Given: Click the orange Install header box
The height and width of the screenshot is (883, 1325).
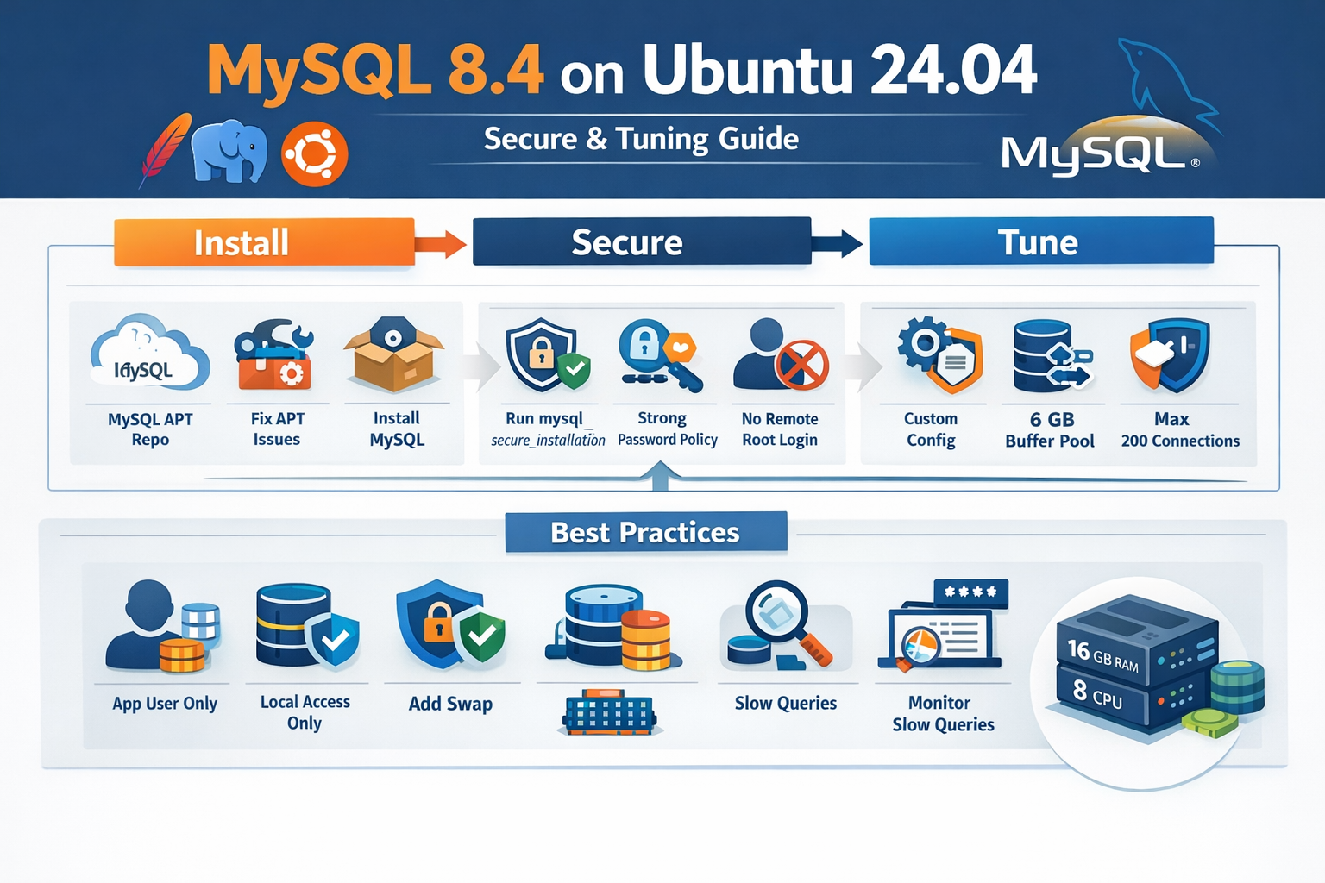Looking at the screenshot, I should point(264,242).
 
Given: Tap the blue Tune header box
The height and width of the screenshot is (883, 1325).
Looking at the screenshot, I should point(1040,241).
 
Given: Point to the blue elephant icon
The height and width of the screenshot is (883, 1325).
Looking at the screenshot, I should point(229,150).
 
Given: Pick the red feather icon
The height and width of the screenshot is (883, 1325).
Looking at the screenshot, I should point(165,148).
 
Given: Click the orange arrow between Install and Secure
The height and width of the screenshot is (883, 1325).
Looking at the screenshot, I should point(441,244).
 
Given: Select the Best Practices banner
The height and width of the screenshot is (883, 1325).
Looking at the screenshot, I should point(645,532).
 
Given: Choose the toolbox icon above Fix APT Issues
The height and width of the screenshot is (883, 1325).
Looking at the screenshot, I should point(274,355).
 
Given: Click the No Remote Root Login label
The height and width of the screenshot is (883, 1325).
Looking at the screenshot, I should point(780,429).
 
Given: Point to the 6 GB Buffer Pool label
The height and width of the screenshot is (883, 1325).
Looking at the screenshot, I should point(1051,429).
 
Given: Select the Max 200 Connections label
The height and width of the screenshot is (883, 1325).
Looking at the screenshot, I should point(1179,429).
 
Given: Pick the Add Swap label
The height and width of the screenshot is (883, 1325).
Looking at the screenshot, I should point(450,704).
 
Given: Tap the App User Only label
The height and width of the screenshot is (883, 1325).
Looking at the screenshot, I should point(165,704).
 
